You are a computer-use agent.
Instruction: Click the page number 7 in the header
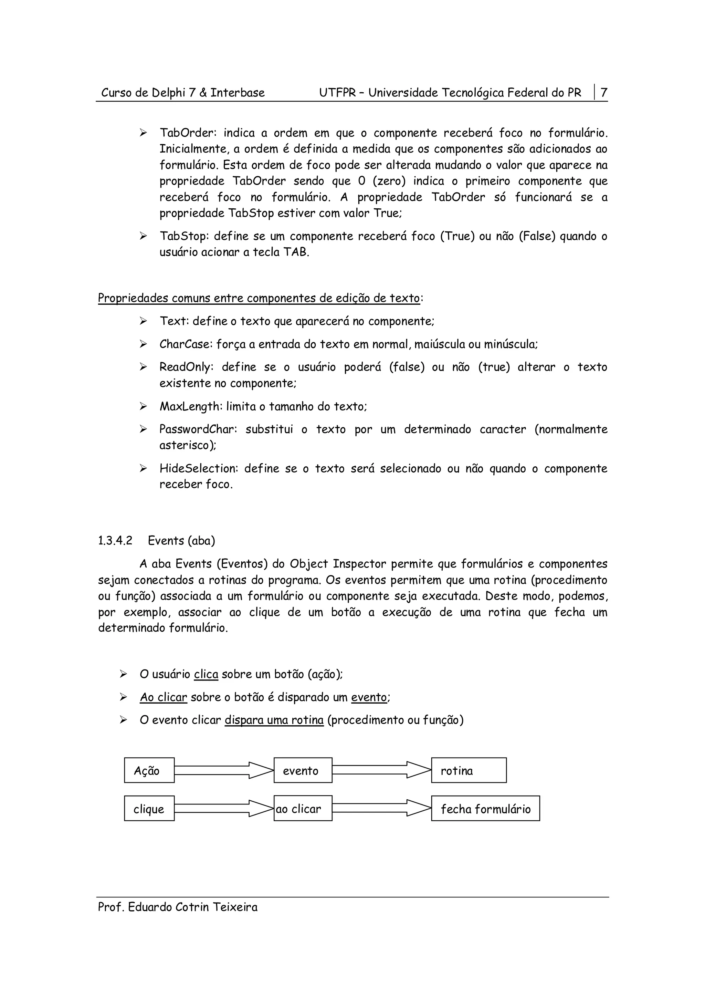603,93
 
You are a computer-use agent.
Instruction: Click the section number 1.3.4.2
115,541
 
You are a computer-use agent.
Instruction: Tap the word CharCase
186,344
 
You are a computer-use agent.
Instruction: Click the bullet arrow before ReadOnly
143,367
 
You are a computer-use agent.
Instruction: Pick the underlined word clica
206,674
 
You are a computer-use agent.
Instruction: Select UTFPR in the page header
337,93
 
